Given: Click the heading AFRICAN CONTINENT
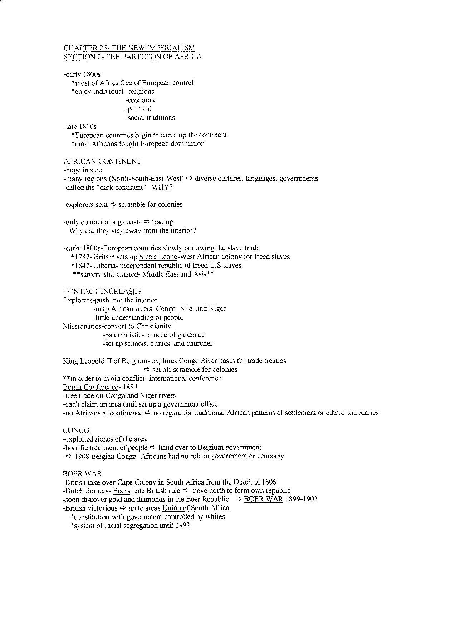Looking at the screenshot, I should point(102,161).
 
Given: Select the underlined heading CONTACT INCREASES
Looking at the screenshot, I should point(102,291).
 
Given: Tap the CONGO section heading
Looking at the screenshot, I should point(76,430).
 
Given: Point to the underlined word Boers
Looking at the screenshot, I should point(121,491).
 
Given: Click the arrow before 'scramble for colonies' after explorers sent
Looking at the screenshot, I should point(113,205).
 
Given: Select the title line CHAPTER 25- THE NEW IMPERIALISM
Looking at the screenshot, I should point(129,48).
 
